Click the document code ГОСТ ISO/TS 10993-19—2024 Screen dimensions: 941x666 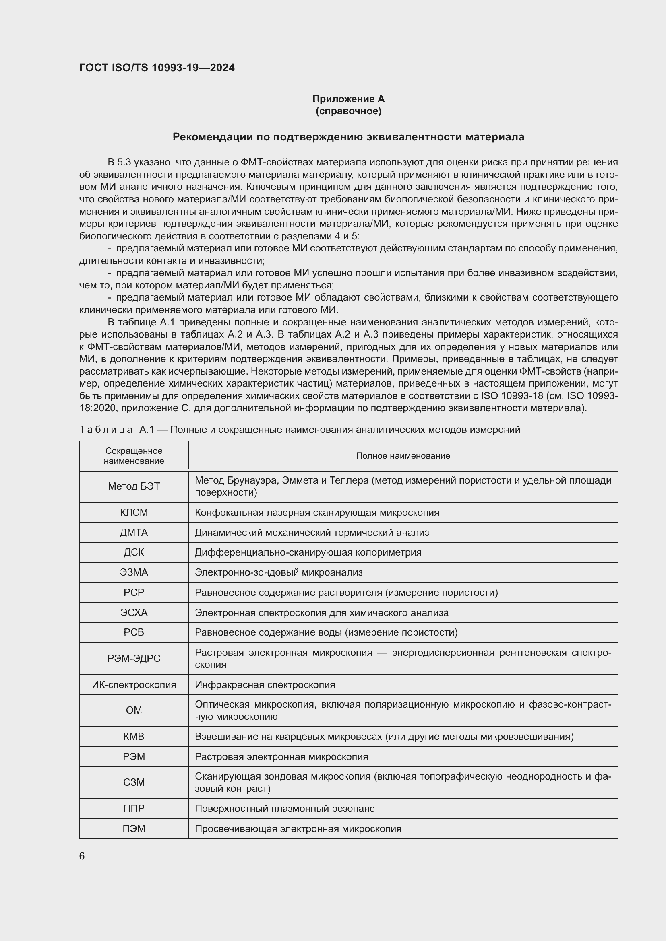pos(157,68)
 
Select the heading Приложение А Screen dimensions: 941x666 pos(348,99)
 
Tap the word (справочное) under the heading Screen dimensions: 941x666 pos(348,111)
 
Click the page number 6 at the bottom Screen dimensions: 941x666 pos(82,856)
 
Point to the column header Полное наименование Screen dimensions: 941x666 pos(403,455)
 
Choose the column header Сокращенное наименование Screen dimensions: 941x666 pos(134,455)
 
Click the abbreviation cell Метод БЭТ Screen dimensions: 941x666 pos(134,486)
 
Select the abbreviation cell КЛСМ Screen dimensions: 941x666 pos(134,512)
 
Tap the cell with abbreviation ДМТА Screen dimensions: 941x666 pos(134,532)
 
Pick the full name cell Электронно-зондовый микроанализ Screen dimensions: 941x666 pos(279,572)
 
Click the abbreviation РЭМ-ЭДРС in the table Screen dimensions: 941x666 pos(134,658)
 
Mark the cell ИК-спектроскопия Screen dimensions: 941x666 pos(134,684)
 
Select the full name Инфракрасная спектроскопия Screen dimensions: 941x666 pos(265,684)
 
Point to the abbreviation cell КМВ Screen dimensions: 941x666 pos(134,737)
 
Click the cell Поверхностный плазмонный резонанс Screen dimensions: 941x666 pos(285,808)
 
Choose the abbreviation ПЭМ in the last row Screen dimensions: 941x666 pos(134,828)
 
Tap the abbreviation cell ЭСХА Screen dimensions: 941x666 pos(134,612)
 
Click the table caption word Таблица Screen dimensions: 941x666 pos(106,430)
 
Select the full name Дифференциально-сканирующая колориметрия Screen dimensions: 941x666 pos(308,552)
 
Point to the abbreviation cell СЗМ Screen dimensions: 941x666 pos(134,782)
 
